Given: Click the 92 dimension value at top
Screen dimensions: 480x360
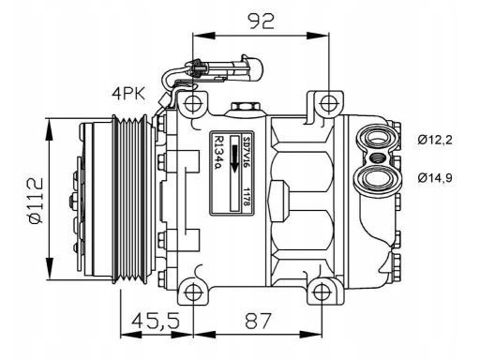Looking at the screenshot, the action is pyautogui.click(x=261, y=22).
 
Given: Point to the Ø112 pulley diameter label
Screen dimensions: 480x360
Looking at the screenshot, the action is pyautogui.click(x=36, y=201).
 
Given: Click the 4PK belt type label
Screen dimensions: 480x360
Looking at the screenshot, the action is pyautogui.click(x=128, y=94).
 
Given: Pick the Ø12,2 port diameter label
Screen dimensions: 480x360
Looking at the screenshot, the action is pyautogui.click(x=435, y=140).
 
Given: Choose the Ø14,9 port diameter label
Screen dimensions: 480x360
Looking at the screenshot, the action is pyautogui.click(x=435, y=178).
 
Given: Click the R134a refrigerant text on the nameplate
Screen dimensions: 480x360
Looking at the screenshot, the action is pyautogui.click(x=218, y=152).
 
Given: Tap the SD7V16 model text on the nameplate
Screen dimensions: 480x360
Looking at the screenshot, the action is pyautogui.click(x=247, y=152).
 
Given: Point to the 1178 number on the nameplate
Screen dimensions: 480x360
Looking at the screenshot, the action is pyautogui.click(x=247, y=197).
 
